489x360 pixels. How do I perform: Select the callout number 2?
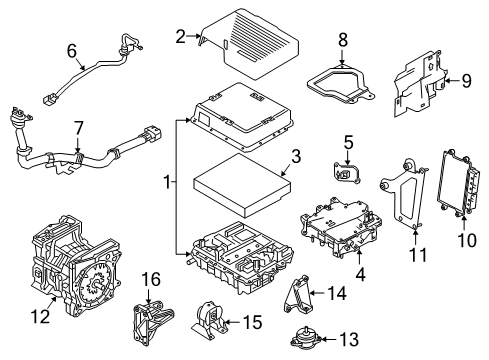[x=180, y=38]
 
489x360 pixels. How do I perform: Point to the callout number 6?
[x=71, y=50]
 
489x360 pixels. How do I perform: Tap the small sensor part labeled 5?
[x=346, y=174]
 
